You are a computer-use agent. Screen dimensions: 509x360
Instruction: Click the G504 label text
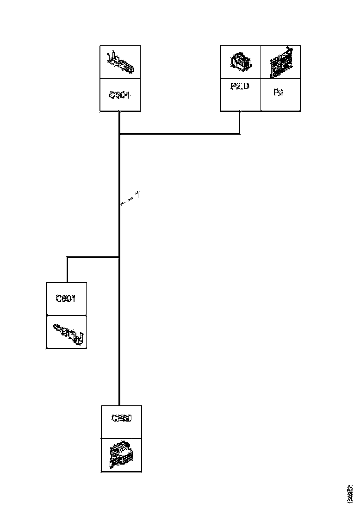coord(119,95)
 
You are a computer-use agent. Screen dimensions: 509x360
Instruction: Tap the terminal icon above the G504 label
coord(120,62)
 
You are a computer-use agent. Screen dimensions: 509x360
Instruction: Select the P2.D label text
coord(240,86)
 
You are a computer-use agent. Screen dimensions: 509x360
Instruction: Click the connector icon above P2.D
coord(241,62)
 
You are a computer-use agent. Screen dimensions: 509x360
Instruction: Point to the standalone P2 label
coord(278,93)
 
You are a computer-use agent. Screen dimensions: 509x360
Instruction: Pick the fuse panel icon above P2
coord(281,62)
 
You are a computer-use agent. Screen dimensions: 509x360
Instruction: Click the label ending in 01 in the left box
coord(66,299)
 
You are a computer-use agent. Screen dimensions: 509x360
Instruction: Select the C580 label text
coord(121,418)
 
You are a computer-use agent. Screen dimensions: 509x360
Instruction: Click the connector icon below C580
coord(121,455)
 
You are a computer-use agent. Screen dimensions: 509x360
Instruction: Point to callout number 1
coord(137,196)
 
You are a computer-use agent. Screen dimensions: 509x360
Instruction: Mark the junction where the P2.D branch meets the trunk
coord(119,134)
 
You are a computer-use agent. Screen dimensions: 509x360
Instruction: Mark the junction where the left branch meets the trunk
coord(119,257)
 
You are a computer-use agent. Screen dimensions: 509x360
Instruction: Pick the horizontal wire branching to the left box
coord(93,257)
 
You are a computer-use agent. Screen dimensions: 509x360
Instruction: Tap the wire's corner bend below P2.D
coord(240,134)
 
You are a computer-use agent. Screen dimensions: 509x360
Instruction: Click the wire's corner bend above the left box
coord(68,257)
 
